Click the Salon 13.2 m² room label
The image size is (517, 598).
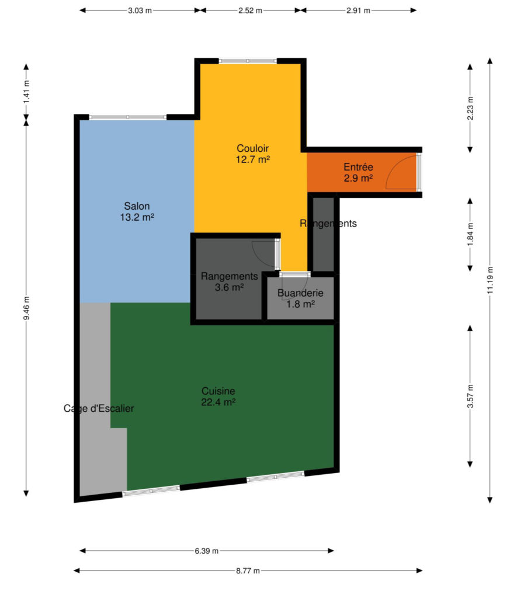click(137, 211)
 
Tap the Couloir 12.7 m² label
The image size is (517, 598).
click(252, 154)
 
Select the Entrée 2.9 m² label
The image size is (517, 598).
click(358, 172)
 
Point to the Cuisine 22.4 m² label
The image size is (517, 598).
click(218, 397)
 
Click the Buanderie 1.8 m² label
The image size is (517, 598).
click(300, 298)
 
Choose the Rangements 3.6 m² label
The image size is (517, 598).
click(230, 281)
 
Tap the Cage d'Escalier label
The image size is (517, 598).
click(99, 408)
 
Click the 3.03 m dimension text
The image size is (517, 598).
click(140, 11)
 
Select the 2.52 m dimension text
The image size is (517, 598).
click(250, 11)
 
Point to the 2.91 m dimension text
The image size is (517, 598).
click(358, 11)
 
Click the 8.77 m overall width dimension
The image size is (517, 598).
click(248, 571)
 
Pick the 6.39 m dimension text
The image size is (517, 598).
click(207, 551)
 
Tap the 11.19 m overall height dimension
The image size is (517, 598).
click(490, 280)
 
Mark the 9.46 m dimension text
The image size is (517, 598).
click(26, 308)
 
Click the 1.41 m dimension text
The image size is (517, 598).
click(26, 92)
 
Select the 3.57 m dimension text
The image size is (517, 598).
click(470, 397)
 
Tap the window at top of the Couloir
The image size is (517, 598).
click(248, 61)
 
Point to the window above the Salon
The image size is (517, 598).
click(128, 117)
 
